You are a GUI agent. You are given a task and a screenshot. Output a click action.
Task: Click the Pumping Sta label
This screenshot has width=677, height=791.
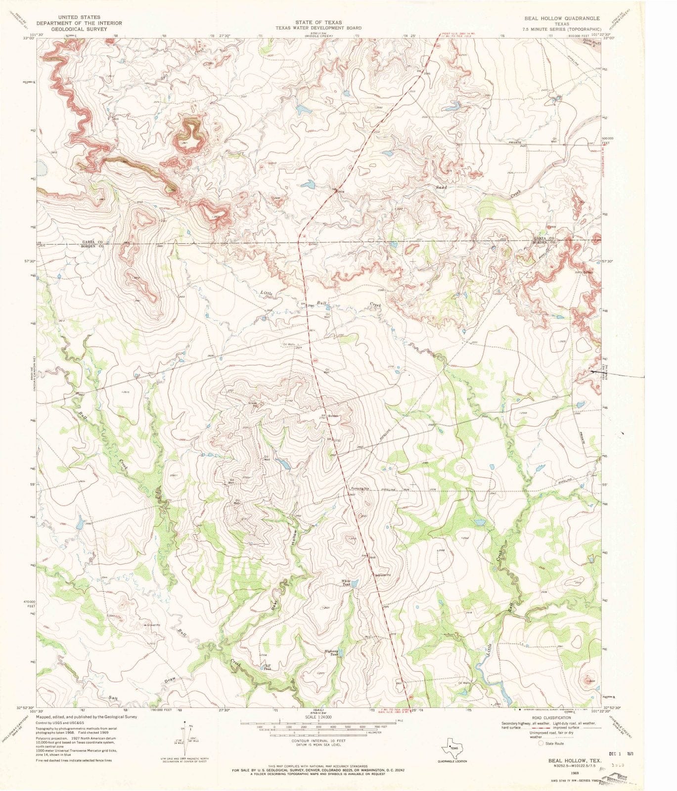pos(361,488)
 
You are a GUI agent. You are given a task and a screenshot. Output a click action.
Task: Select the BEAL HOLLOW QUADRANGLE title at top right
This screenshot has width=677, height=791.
pos(562,18)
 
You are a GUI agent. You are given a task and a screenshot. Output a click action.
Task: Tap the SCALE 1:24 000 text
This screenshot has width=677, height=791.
pos(318,717)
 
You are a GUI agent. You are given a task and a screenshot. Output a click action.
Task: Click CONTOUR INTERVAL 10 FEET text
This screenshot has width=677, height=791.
pos(318,741)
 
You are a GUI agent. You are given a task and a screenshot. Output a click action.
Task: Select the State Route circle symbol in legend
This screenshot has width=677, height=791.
pos(541,743)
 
